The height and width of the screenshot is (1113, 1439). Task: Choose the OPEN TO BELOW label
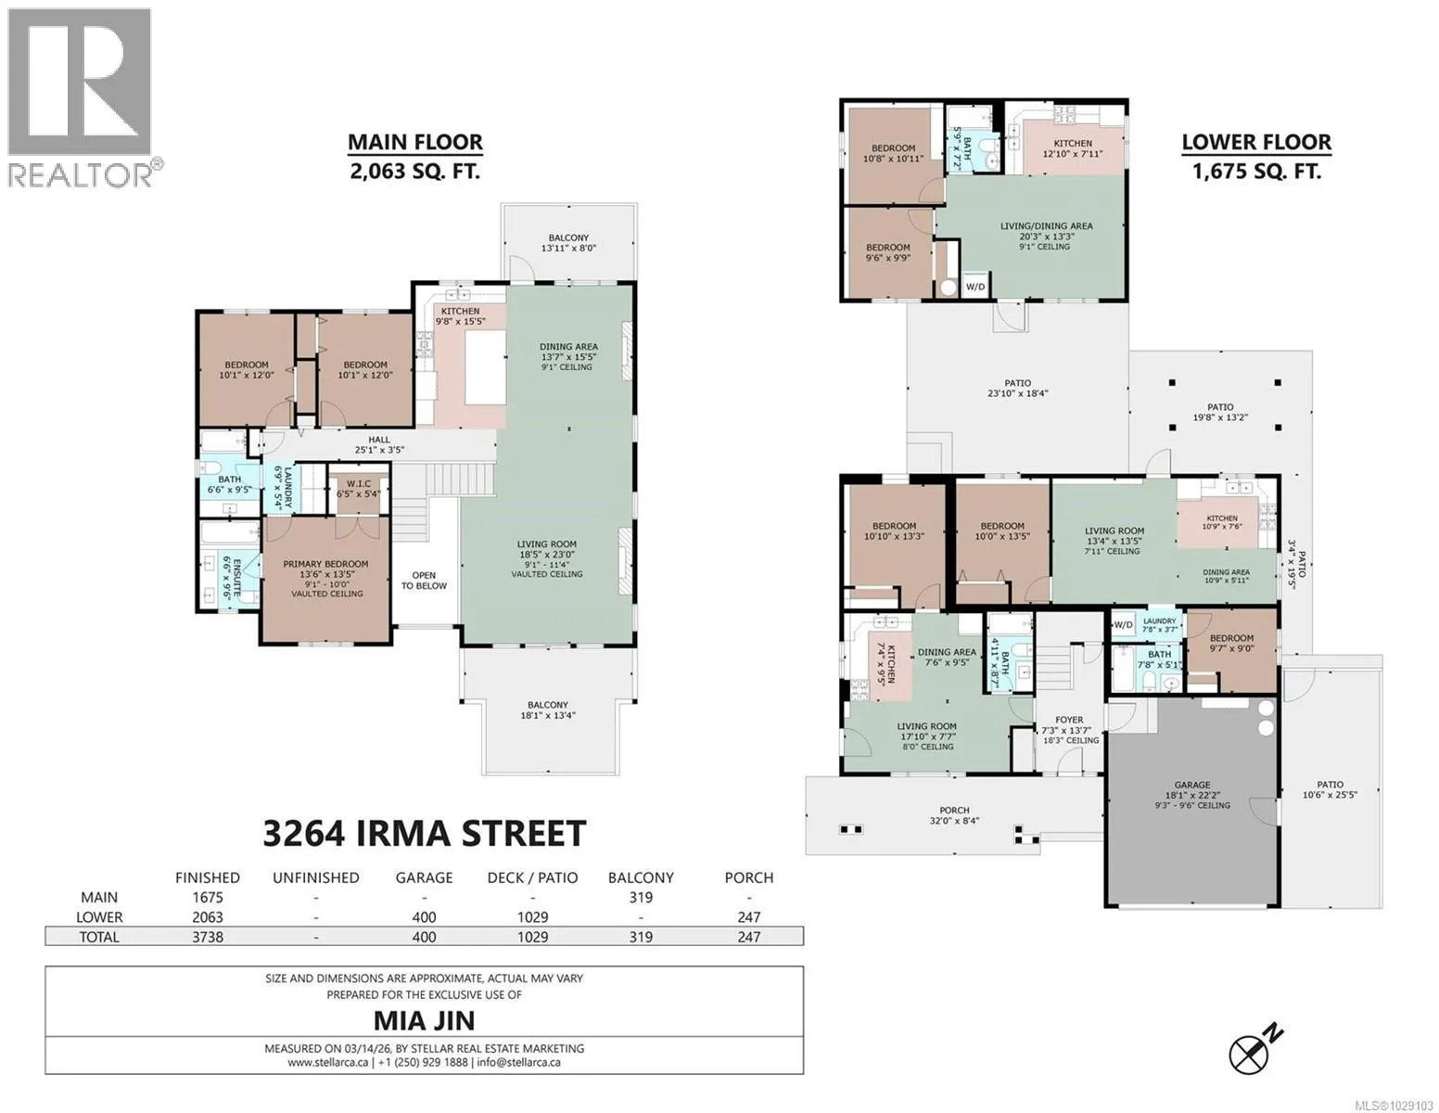(x=424, y=581)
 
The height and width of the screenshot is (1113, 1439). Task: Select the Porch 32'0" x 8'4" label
(x=954, y=815)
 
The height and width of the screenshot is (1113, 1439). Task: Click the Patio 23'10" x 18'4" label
(x=1017, y=388)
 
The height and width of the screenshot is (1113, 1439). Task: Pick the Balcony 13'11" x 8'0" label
(x=568, y=243)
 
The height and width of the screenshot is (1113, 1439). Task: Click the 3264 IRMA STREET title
(x=425, y=833)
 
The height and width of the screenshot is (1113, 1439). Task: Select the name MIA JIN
(x=425, y=1020)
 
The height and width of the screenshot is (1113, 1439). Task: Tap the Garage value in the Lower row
(x=424, y=917)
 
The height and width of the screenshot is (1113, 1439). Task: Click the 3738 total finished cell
(x=208, y=937)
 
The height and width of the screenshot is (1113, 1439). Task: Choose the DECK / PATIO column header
(x=532, y=878)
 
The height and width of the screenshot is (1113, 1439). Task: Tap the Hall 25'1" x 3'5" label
(x=379, y=444)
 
